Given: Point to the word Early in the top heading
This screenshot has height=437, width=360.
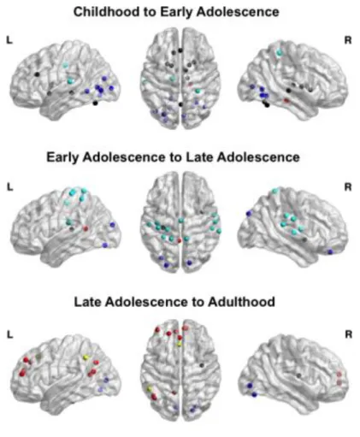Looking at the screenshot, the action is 176,13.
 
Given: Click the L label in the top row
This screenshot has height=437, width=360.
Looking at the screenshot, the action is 9,40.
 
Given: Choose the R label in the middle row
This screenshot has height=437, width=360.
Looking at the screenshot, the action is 348,187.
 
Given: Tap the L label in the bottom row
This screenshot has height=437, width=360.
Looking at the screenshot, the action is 9,334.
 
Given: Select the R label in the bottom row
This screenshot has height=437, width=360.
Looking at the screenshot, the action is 348,334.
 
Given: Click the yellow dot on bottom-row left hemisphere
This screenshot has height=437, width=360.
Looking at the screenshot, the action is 86,357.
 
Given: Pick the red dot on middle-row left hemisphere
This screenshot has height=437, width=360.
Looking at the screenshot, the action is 86,228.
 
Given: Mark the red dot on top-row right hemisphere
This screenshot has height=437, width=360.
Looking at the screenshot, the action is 286,101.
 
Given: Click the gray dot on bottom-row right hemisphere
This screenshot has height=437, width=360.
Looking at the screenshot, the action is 298,375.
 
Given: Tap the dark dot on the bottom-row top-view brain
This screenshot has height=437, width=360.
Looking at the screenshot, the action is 202,365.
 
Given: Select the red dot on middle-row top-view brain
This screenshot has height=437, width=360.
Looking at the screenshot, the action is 180,241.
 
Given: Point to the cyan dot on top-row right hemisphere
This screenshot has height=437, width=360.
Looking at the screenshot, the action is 279,52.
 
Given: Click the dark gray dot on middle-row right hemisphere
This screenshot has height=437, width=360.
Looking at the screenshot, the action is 304,239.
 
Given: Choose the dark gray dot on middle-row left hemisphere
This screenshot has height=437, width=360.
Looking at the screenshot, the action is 72,228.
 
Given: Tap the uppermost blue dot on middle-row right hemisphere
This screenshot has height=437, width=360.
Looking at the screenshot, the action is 249,213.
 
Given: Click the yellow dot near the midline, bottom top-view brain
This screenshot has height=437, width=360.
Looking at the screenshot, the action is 180,345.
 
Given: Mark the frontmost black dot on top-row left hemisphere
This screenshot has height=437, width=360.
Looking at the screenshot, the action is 37,74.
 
